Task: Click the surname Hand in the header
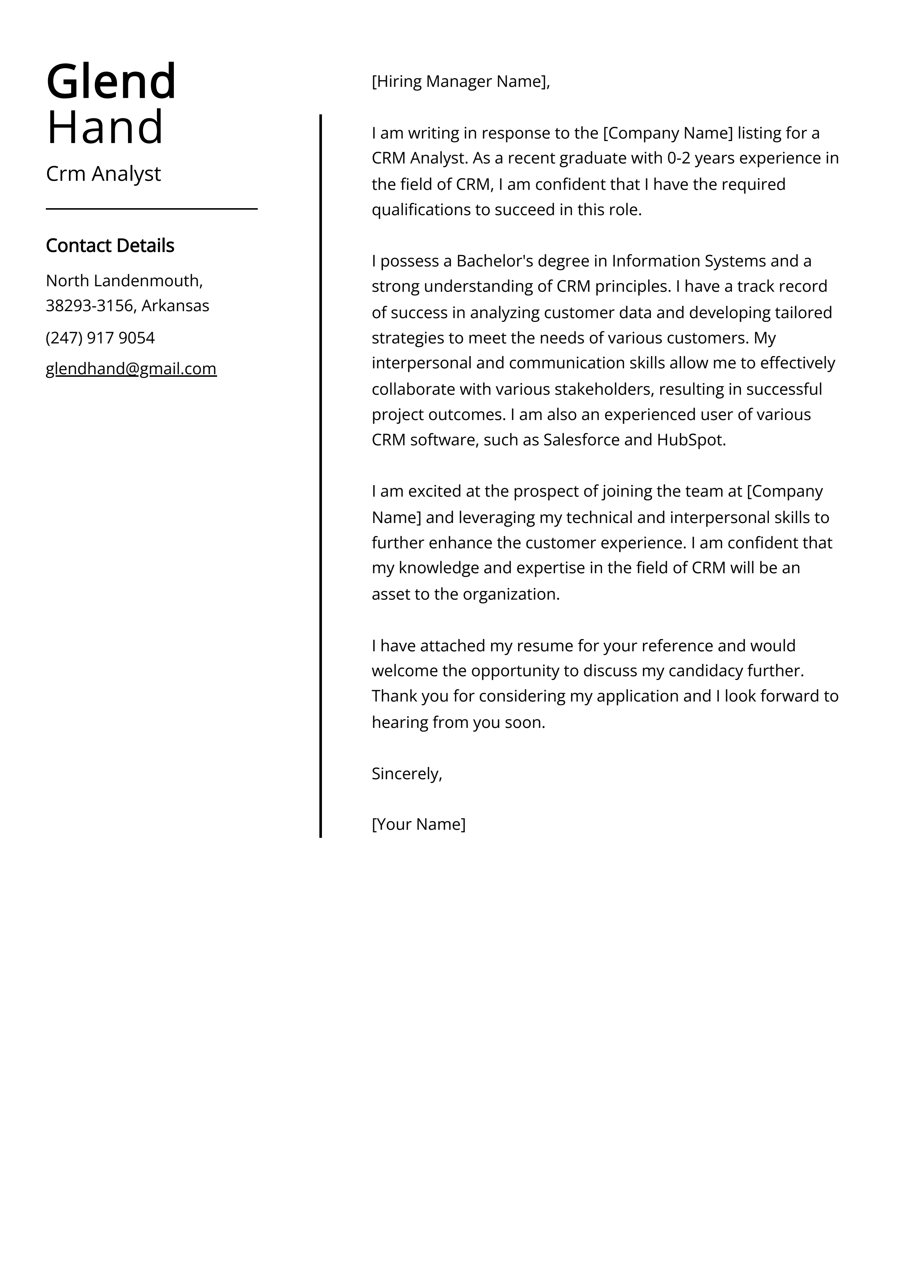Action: click(x=105, y=128)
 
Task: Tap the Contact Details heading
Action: click(x=110, y=246)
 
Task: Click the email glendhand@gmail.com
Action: click(x=131, y=369)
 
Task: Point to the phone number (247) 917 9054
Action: click(x=100, y=338)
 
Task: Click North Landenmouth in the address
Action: click(x=122, y=280)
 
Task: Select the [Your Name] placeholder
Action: click(x=418, y=824)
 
